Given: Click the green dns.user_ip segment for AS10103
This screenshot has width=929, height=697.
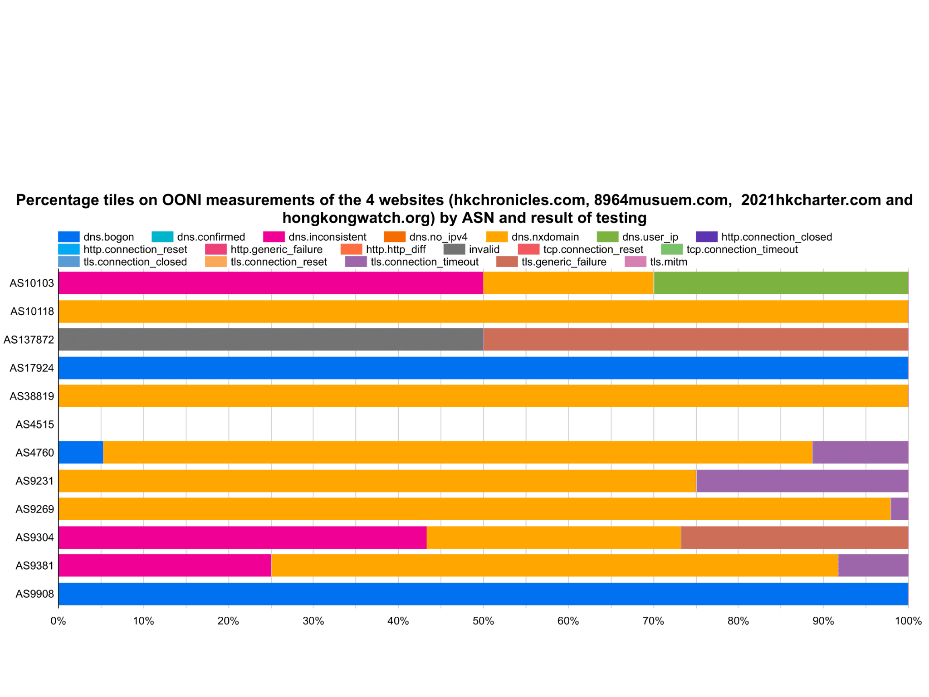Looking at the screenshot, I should tap(780, 283).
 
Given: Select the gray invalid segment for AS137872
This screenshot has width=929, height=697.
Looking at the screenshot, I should tap(271, 340).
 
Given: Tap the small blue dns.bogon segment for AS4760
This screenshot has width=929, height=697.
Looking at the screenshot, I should tap(81, 453).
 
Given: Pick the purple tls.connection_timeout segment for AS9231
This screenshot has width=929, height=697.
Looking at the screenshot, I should tap(802, 481).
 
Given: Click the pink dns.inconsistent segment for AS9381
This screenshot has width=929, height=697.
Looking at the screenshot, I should tap(165, 565).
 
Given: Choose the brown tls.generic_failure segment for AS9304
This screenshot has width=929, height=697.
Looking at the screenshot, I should tap(795, 537).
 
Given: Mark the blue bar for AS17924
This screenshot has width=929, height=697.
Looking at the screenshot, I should tap(483, 368).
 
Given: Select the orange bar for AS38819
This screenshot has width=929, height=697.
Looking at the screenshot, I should tap(483, 396).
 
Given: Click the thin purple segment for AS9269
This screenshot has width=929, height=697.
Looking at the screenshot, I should tap(899, 509).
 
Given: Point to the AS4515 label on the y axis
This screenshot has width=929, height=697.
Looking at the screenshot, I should tap(35, 424).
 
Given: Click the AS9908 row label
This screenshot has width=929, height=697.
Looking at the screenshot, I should tap(35, 594).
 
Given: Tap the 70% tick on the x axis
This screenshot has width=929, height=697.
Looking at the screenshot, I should tap(653, 621).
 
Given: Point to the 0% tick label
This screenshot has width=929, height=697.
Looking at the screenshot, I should tap(58, 621).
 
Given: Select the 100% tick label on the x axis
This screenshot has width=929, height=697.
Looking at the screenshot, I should tap(908, 621).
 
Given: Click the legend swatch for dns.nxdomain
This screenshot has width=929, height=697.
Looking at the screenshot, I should tap(497, 237).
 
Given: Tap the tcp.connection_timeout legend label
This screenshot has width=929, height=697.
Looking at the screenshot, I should tap(742, 249).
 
